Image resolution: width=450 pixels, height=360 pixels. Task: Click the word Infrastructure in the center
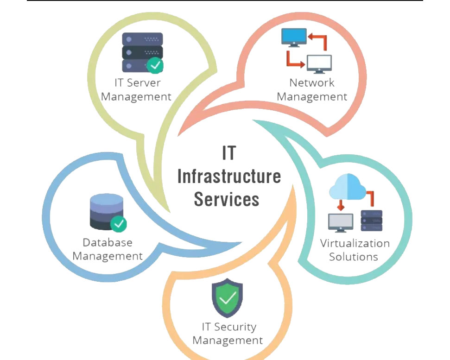(229, 176)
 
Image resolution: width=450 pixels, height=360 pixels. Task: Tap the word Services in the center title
(227, 199)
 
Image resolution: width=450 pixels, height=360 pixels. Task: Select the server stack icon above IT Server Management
(143, 53)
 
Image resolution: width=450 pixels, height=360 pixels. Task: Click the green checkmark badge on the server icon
(155, 65)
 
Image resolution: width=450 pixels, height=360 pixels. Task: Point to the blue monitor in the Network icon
(294, 37)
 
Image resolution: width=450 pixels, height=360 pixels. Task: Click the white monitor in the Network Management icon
(319, 64)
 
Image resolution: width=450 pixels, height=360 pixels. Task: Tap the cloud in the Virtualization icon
(347, 187)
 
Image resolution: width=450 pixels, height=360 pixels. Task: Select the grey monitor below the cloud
(340, 223)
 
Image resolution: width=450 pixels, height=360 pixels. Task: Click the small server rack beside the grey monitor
(371, 221)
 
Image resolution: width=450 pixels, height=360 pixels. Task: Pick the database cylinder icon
(107, 212)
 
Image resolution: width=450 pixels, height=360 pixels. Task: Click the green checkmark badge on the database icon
(119, 224)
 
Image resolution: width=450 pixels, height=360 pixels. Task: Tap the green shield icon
(227, 298)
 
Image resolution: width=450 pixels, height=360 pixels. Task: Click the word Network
(312, 82)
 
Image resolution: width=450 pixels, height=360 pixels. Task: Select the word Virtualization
(355, 243)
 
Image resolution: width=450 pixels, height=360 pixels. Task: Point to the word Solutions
(353, 257)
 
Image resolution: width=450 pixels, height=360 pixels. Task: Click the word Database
(108, 242)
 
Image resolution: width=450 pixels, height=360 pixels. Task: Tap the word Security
(235, 327)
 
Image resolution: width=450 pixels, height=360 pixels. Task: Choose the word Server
(144, 82)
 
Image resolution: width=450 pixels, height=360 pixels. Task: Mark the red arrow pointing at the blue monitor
(318, 41)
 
